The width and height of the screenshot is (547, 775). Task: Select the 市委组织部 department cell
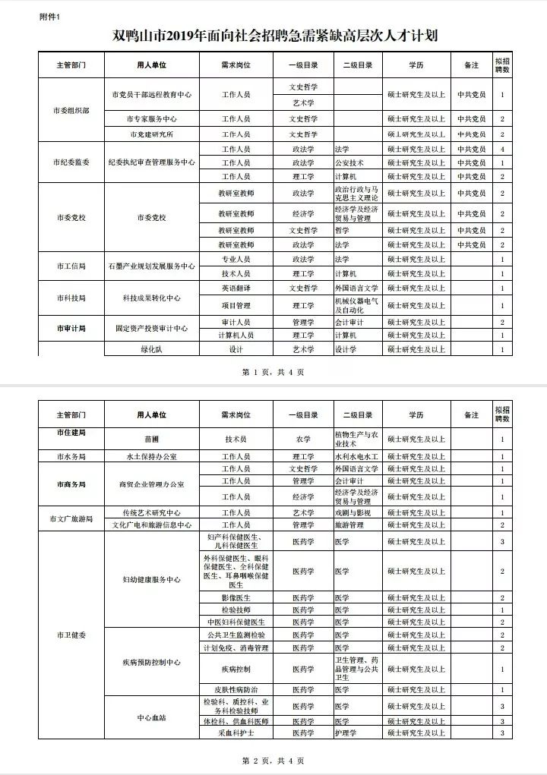click(x=71, y=110)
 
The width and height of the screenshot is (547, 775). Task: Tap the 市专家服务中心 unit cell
click(x=151, y=120)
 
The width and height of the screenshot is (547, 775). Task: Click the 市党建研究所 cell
click(x=151, y=134)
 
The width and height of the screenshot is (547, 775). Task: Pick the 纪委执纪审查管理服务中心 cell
click(x=151, y=162)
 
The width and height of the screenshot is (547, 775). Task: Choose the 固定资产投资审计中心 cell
click(x=151, y=329)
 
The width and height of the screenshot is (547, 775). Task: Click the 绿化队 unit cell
click(x=151, y=350)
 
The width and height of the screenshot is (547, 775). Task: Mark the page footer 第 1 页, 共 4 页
click(x=273, y=373)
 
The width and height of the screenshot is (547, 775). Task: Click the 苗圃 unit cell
click(x=151, y=439)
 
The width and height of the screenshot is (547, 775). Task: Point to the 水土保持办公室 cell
click(x=151, y=457)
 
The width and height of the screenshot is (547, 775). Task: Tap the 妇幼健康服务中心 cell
click(x=151, y=579)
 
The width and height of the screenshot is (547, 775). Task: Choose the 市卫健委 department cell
click(x=71, y=635)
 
